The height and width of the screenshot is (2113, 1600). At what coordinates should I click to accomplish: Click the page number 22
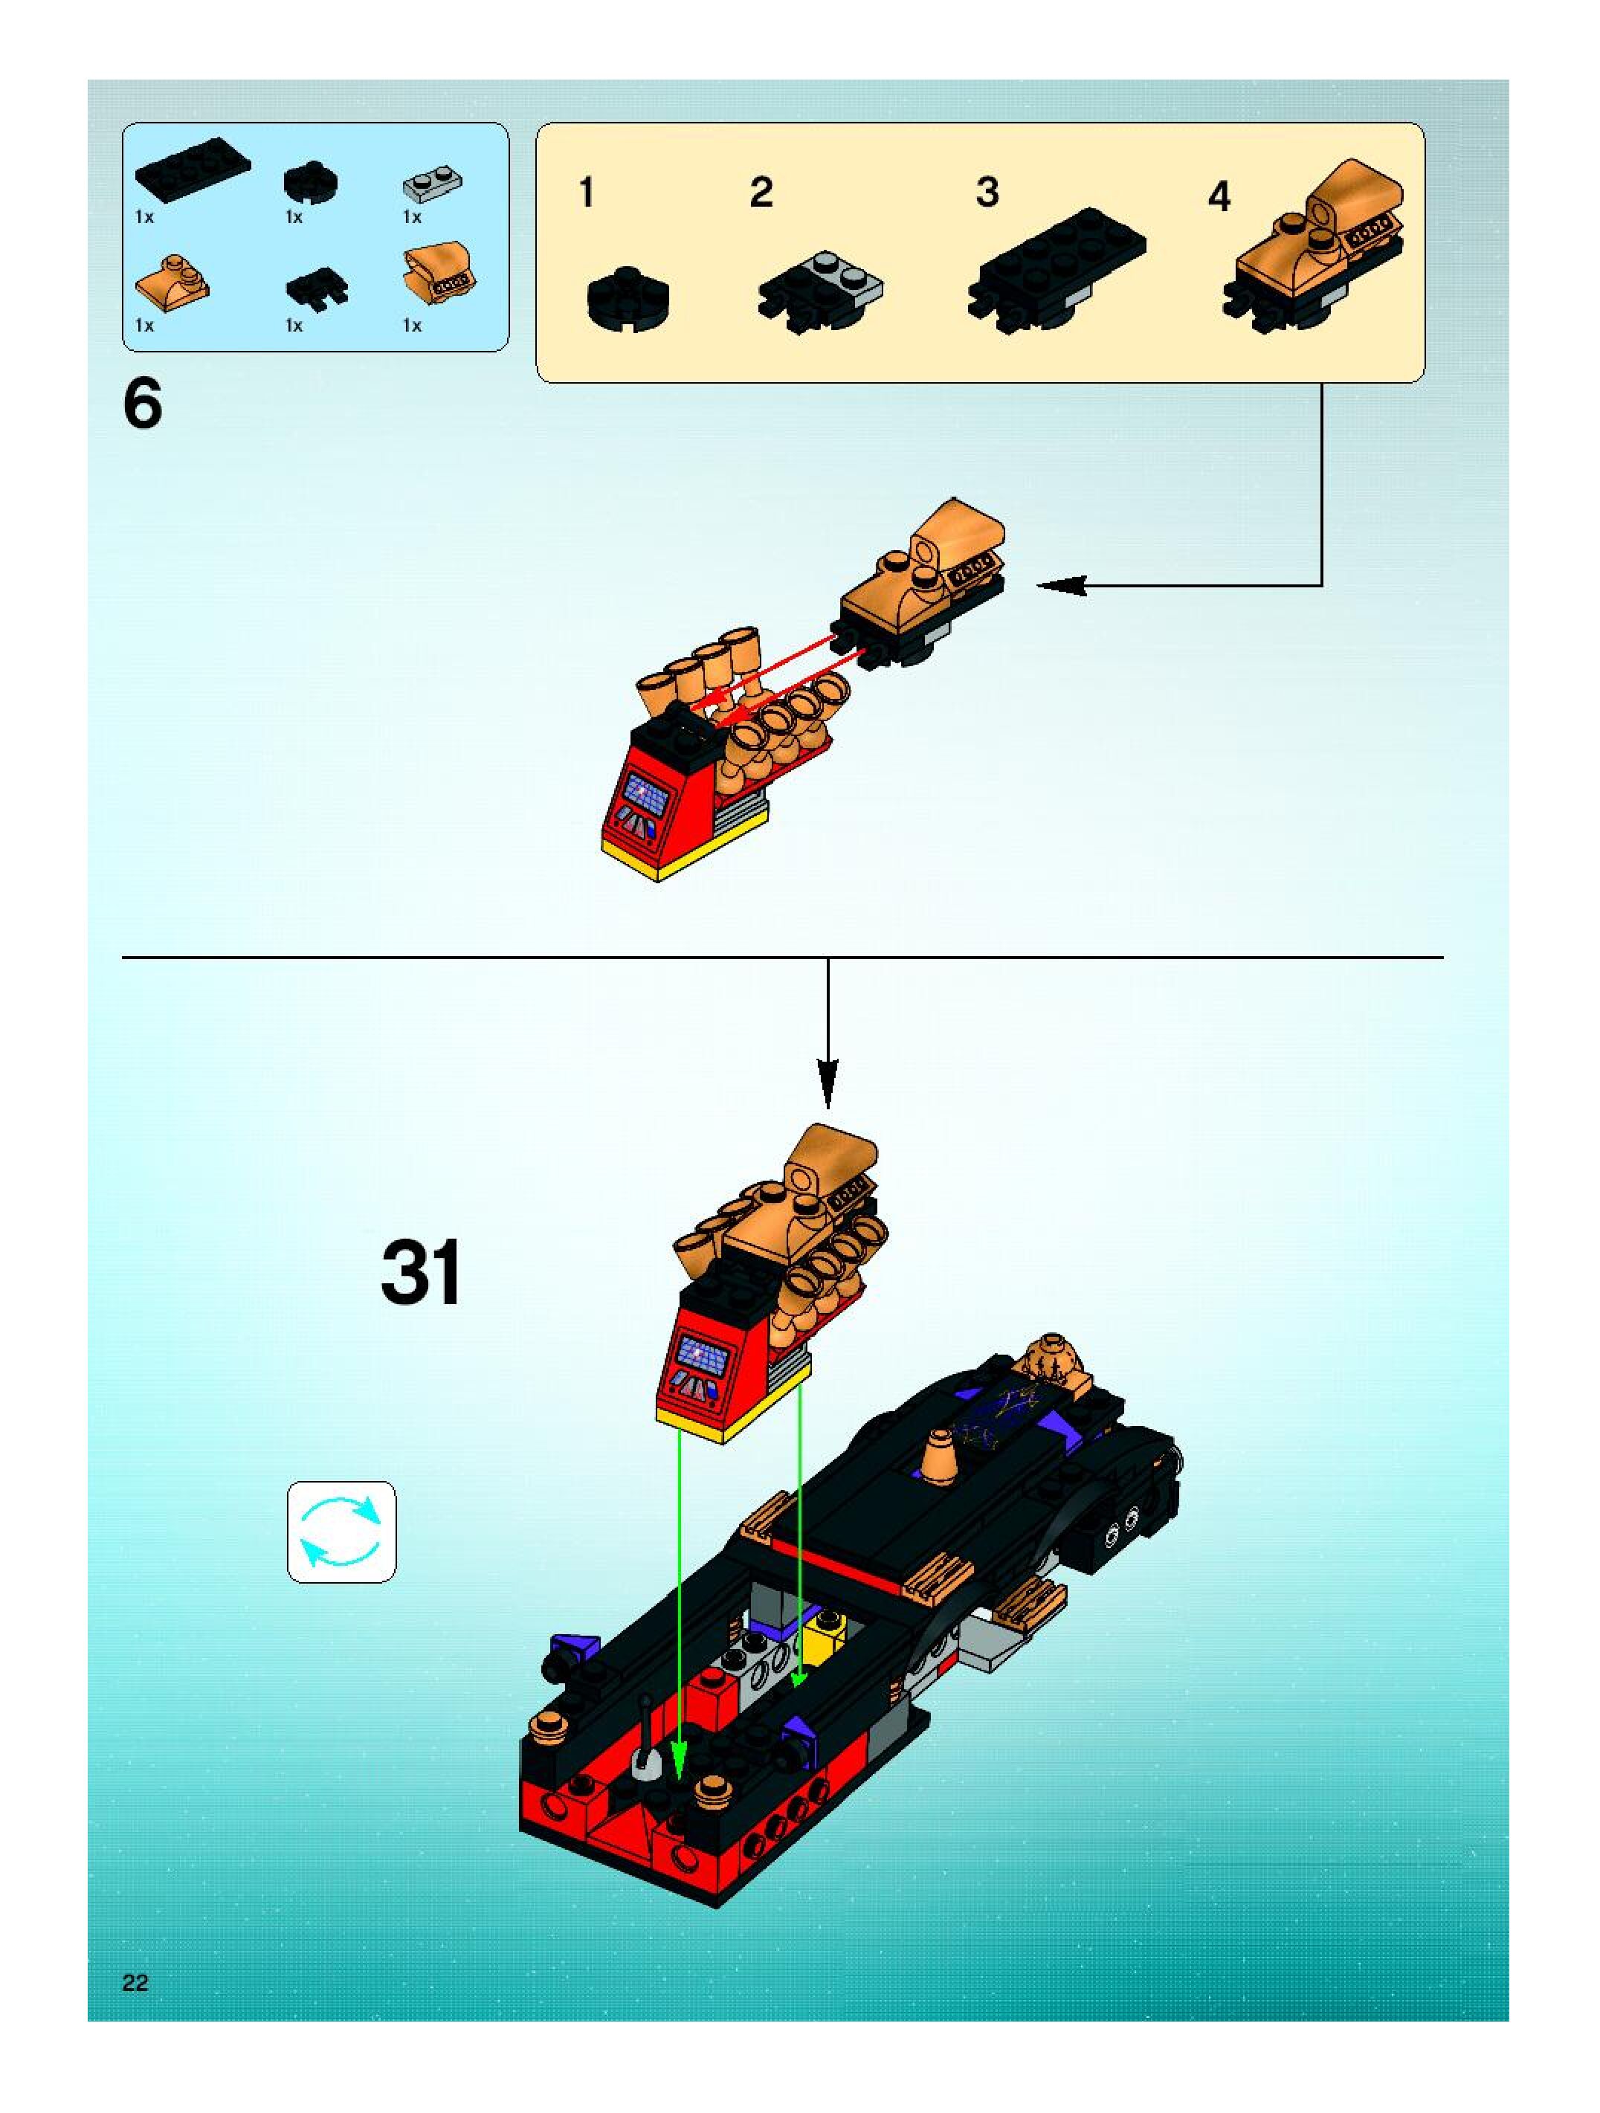[135, 1982]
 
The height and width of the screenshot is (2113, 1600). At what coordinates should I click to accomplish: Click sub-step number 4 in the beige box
[1219, 197]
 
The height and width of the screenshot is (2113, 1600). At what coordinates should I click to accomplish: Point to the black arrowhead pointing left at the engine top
[1062, 586]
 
